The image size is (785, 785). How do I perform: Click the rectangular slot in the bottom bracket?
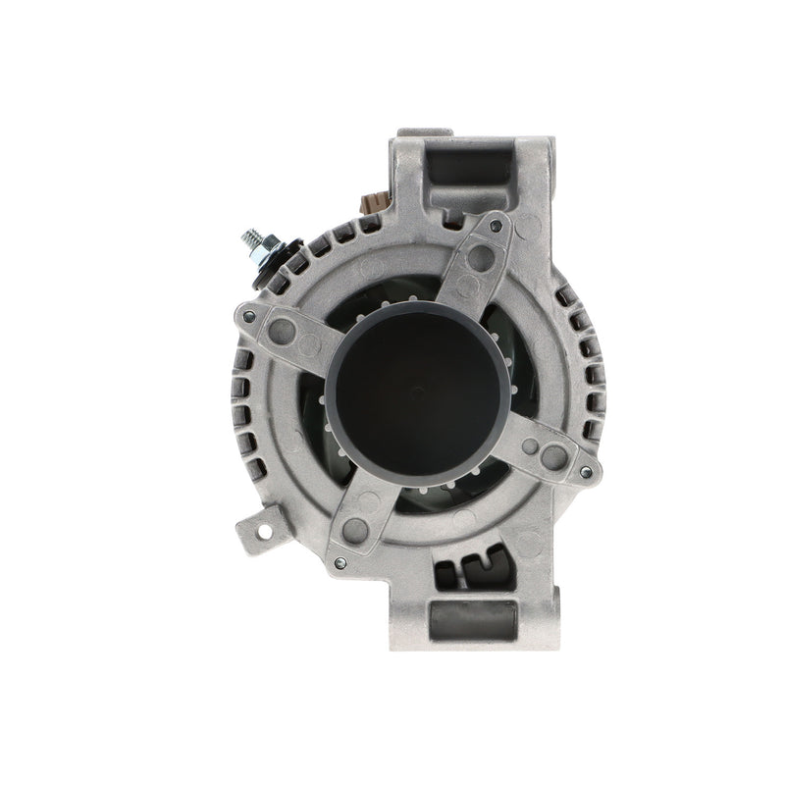(473, 620)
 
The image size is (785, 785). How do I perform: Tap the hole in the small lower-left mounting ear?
(263, 531)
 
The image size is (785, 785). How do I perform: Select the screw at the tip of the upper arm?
(497, 228)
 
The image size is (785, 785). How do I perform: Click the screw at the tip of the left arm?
(249, 316)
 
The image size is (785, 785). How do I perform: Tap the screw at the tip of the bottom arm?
(340, 562)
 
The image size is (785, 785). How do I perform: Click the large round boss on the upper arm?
(481, 258)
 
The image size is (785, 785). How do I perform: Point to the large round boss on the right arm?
(554, 456)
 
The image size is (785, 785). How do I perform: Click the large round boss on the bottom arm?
(355, 530)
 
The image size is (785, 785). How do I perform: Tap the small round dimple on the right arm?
(530, 446)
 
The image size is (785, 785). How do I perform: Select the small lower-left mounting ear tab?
(257, 531)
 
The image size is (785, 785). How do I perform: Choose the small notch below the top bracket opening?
(452, 212)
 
